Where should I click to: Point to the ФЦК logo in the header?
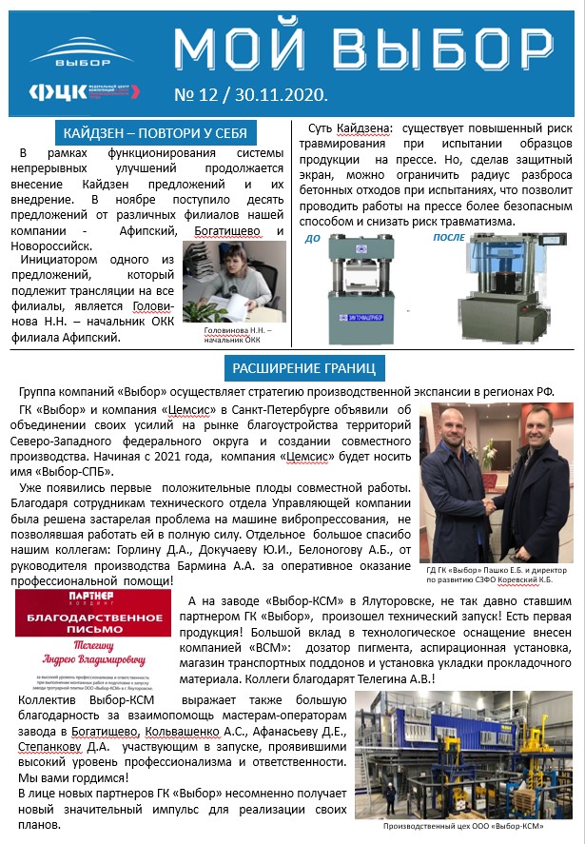(x=84, y=91)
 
